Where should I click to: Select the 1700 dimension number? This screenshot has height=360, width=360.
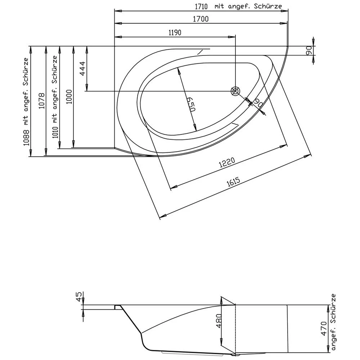(201, 20)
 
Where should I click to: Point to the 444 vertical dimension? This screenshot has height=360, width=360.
(82, 69)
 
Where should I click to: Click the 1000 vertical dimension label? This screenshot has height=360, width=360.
(69, 96)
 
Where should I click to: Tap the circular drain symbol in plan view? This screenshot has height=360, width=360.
(235, 91)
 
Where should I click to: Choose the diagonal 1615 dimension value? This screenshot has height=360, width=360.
(234, 183)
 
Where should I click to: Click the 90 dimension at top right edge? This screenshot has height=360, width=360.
(309, 51)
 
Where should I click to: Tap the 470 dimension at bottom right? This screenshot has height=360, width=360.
(324, 328)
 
